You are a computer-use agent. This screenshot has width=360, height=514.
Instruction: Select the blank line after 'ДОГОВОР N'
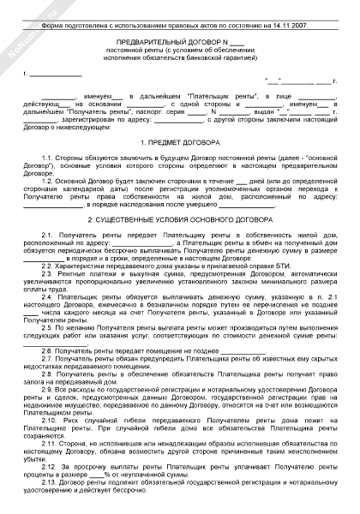point(237,41)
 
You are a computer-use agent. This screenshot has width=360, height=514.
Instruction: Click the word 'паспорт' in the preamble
point(135,111)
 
